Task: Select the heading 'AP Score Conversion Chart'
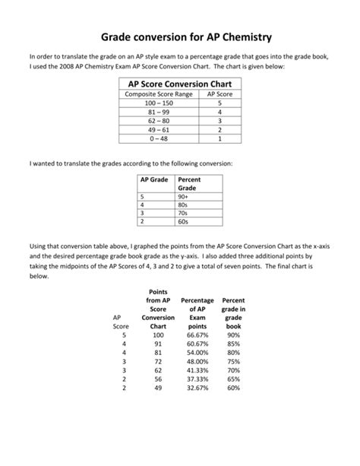click(179, 84)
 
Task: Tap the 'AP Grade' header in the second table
click(154, 179)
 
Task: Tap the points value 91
click(158, 343)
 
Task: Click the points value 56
click(158, 379)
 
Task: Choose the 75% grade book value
click(233, 361)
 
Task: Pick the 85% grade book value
click(233, 343)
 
